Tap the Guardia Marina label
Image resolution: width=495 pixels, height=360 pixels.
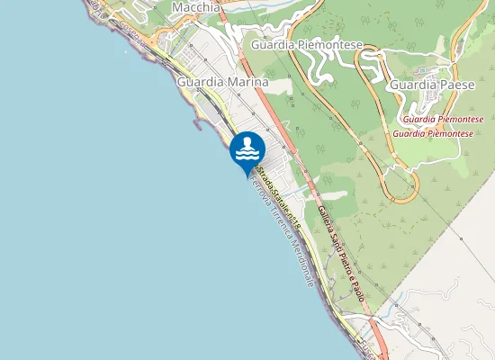click(x=223, y=82)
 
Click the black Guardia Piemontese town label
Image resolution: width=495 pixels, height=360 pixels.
click(x=306, y=44)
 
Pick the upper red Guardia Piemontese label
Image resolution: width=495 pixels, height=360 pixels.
click(x=442, y=119)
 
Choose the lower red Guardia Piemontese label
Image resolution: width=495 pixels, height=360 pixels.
click(x=432, y=133)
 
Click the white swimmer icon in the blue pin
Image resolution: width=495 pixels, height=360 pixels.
click(x=247, y=149)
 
